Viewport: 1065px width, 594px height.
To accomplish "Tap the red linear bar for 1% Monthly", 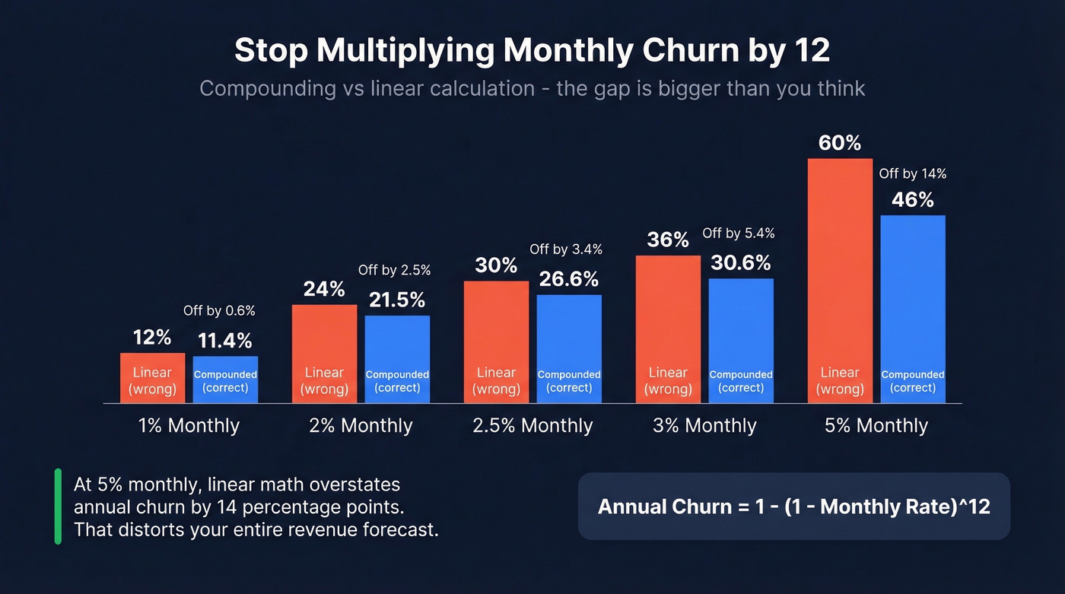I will click(x=152, y=378).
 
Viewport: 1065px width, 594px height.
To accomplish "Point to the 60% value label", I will click(x=840, y=143).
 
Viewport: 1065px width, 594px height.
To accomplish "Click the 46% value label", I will click(x=913, y=200).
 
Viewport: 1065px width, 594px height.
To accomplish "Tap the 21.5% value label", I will click(x=397, y=300).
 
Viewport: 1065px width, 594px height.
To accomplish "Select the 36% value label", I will click(x=668, y=240).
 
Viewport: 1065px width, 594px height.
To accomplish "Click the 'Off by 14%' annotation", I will click(x=913, y=174).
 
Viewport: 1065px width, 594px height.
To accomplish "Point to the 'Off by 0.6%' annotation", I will click(x=219, y=311).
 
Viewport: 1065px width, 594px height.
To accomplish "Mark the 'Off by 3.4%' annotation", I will click(x=566, y=249).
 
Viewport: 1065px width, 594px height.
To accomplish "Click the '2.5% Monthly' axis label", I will click(x=532, y=425).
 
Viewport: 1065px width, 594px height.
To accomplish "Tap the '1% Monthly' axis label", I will click(x=189, y=425).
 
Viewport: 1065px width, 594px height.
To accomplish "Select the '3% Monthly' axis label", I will click(x=704, y=425).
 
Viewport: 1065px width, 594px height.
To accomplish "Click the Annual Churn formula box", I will click(x=794, y=507).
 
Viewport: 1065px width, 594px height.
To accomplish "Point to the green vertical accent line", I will click(x=58, y=507).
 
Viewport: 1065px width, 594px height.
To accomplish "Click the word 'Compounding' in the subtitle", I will click(x=266, y=88).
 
